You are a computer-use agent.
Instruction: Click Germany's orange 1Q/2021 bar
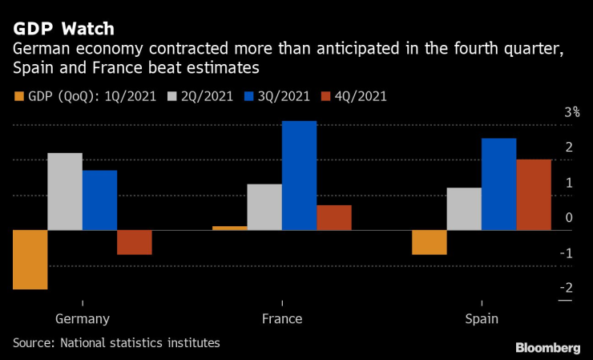coord(30,259)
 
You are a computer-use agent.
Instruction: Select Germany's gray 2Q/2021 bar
coord(65,192)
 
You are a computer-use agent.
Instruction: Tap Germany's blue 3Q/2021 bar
coord(99,200)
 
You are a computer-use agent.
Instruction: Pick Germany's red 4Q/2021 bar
coord(134,242)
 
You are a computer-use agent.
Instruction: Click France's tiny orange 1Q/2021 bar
coord(229,228)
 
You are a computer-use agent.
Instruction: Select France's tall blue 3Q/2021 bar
coord(299,176)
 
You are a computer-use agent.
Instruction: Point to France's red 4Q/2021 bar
coord(333,217)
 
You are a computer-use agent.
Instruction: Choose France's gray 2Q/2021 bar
coord(264,207)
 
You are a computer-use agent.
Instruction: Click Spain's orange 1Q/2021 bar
coord(429,242)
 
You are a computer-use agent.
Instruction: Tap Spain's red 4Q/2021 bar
coord(533,195)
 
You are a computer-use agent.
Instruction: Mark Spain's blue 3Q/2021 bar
coord(498,184)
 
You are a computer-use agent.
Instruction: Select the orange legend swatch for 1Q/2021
coord(18,96)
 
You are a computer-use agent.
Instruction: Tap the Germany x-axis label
coord(83,319)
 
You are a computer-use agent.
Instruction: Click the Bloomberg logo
coord(547,346)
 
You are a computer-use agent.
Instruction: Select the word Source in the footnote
coord(32,343)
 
